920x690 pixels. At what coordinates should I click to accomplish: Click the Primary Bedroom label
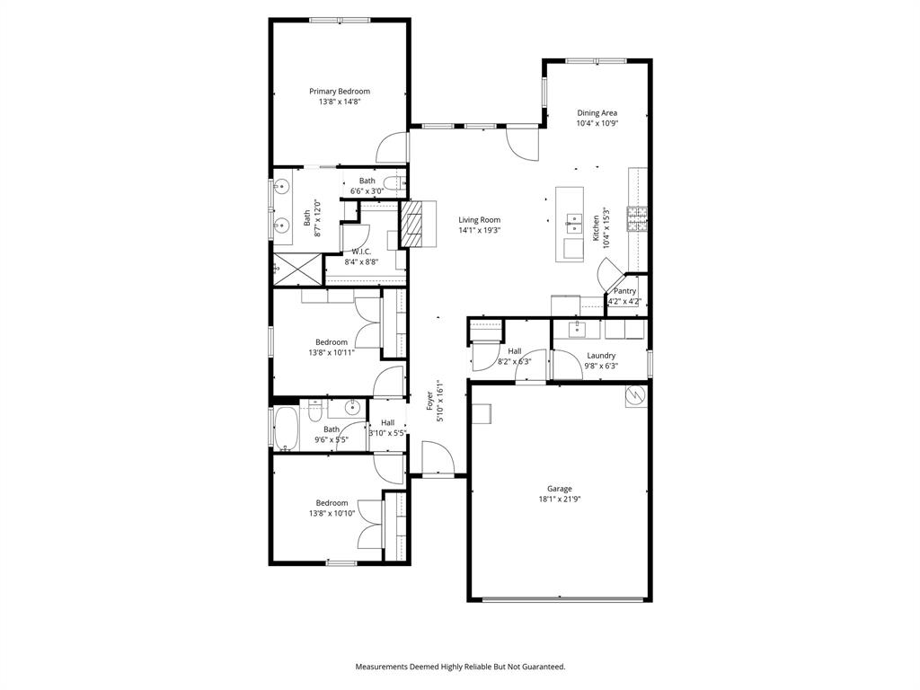(x=340, y=92)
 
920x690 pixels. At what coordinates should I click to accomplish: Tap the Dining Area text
(x=597, y=113)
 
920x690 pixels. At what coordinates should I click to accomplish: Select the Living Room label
(x=479, y=220)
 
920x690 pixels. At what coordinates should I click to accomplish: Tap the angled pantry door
(x=610, y=274)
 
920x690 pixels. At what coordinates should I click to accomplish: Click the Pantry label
(x=624, y=291)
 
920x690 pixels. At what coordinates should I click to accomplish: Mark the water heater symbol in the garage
(x=636, y=394)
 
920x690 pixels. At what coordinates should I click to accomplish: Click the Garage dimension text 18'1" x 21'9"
(x=560, y=499)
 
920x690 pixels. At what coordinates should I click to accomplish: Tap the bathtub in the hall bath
(x=287, y=429)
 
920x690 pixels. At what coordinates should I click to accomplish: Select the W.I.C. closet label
(x=362, y=252)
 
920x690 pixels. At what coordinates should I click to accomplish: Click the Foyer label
(x=430, y=401)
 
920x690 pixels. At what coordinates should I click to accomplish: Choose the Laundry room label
(x=601, y=356)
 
